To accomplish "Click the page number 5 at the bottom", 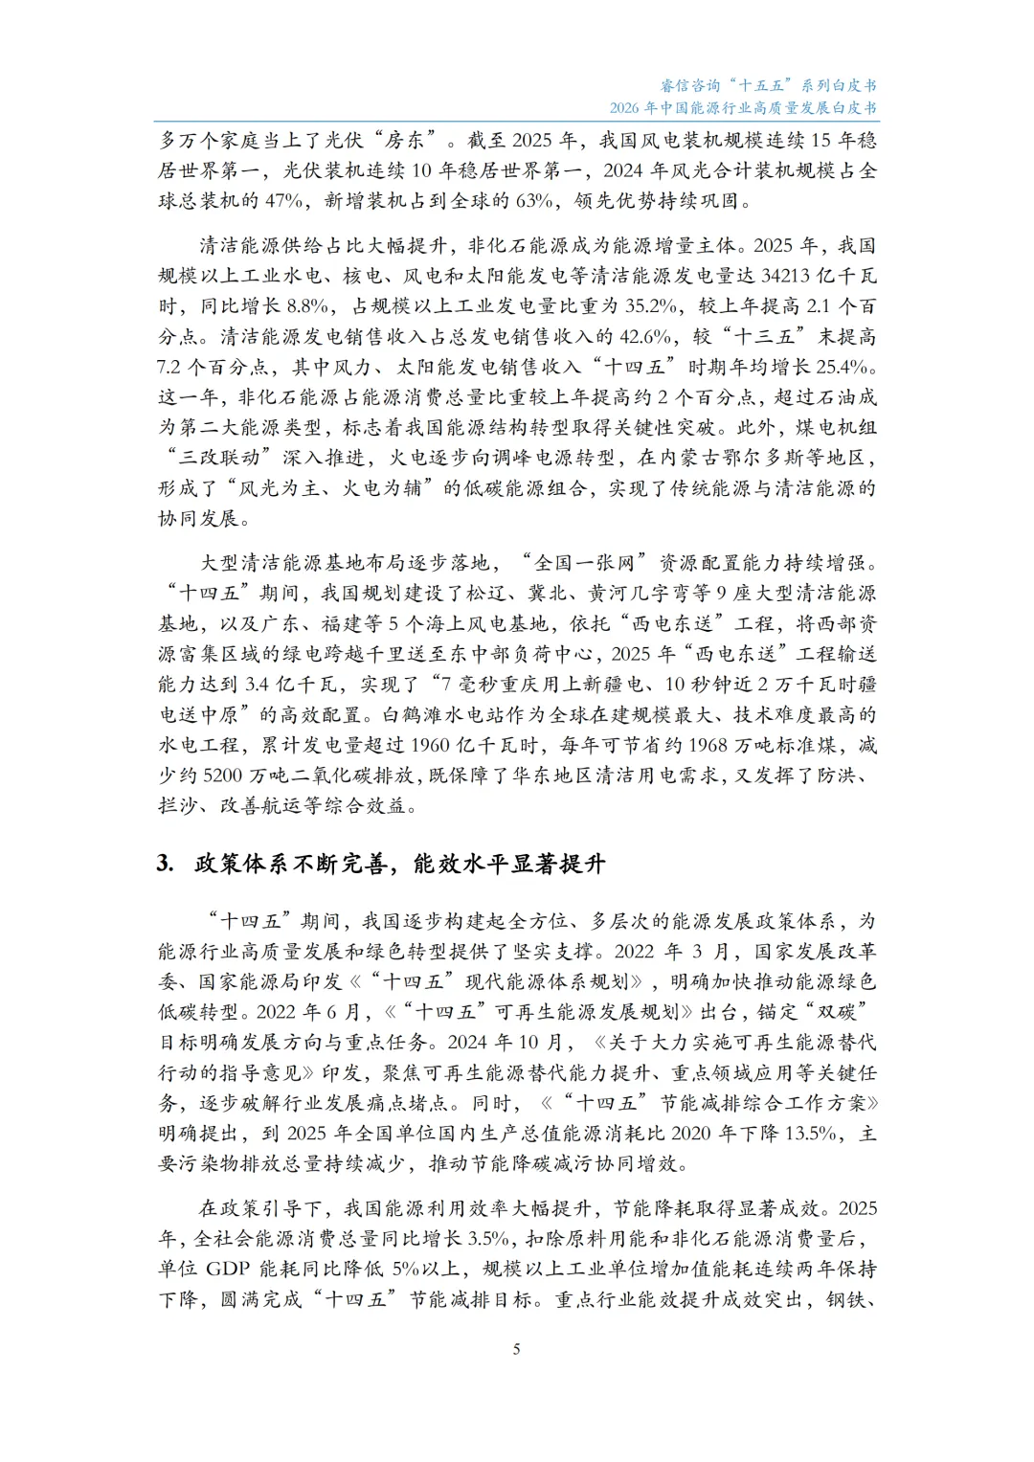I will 517,1350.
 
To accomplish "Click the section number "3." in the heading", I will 166,864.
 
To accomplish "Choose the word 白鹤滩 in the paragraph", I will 413,715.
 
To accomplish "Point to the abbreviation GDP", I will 228,1270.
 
